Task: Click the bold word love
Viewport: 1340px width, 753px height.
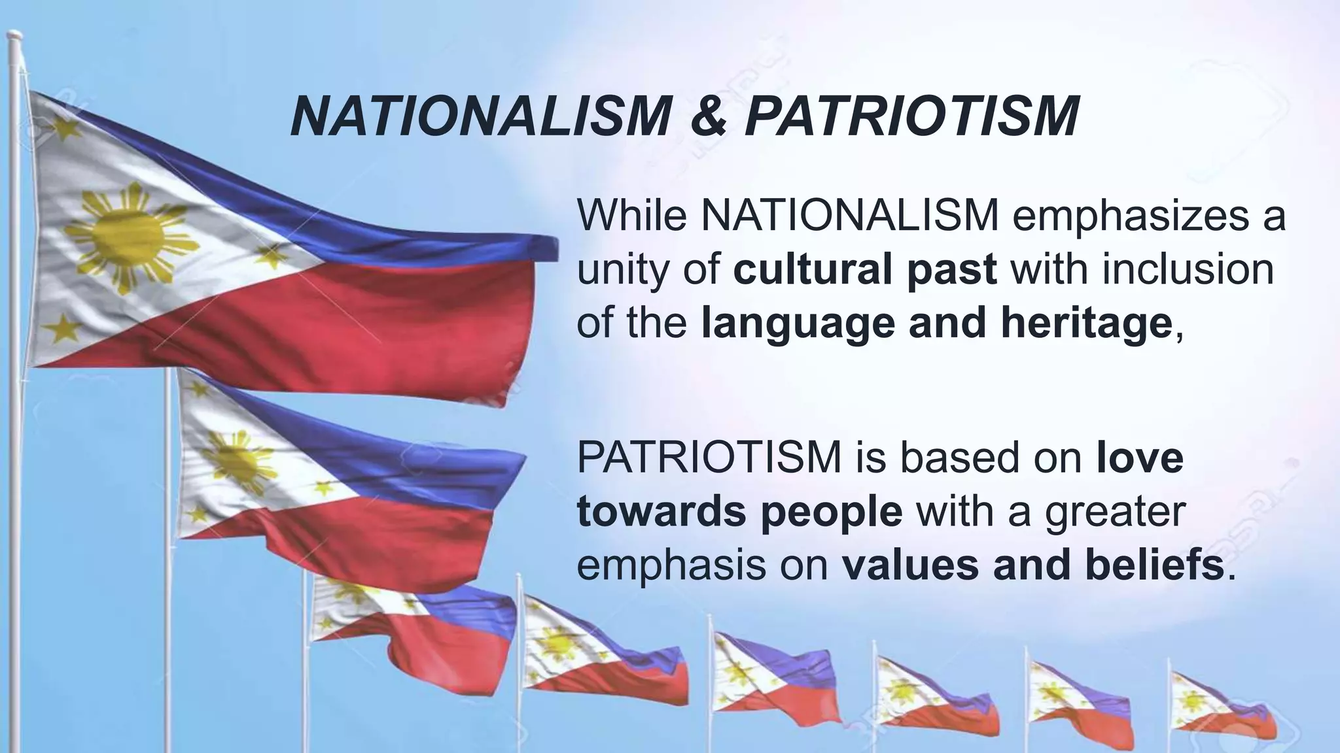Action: click(1140, 458)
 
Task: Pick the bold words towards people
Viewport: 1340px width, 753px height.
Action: click(739, 512)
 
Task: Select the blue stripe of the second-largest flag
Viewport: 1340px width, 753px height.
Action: click(419, 451)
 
